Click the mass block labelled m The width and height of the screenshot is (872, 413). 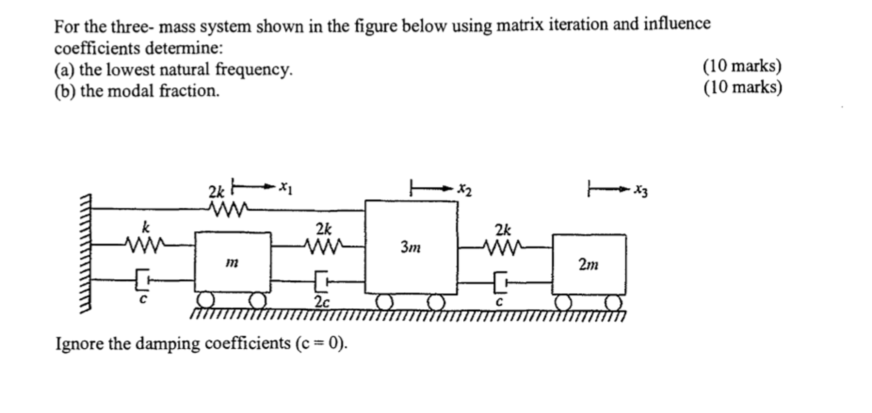tap(233, 262)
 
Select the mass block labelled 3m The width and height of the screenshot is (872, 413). tap(411, 247)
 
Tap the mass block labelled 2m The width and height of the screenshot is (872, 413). tap(589, 264)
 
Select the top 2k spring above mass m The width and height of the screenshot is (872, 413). tap(228, 209)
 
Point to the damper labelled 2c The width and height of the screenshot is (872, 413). tap(323, 281)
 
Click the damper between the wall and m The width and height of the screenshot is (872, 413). tap(143, 279)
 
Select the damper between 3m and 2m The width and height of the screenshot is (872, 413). tap(501, 282)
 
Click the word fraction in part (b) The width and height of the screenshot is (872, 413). tap(189, 91)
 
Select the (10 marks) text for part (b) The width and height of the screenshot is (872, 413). tap(742, 87)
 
